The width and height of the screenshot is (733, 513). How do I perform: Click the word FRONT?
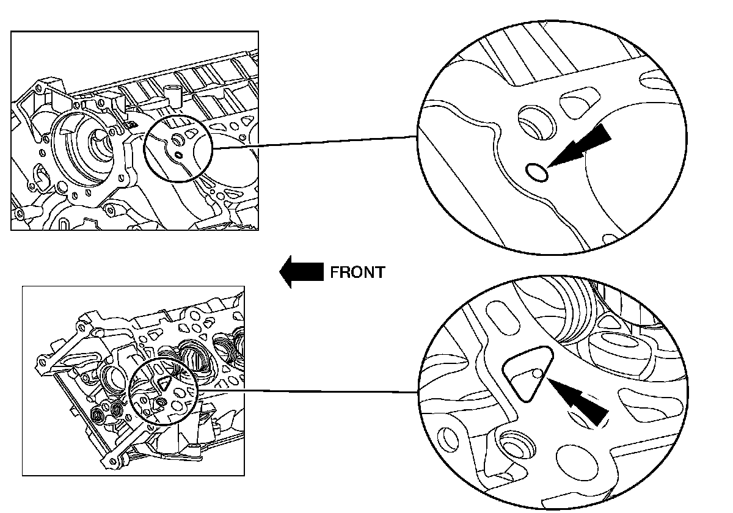357,272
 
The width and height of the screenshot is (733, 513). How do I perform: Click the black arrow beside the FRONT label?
301,272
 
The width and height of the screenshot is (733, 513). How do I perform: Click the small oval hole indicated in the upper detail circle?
537,173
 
